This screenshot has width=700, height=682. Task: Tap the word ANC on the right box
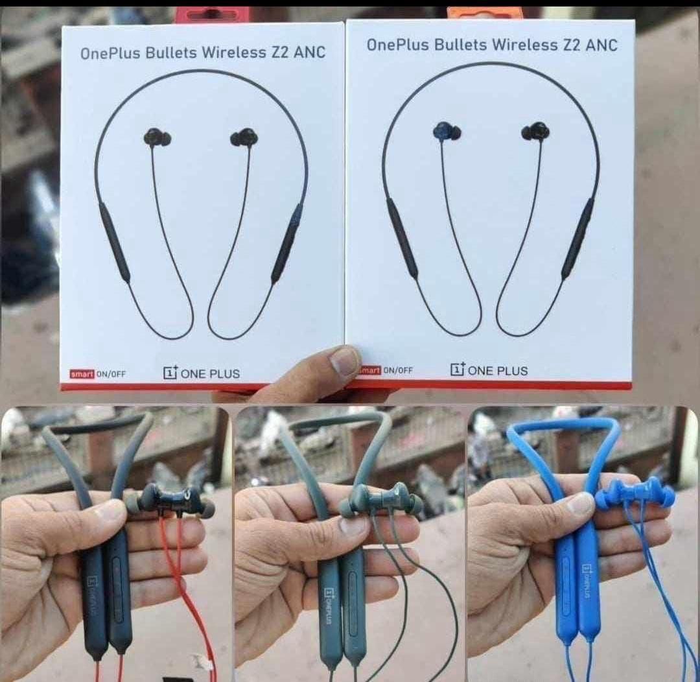click(x=600, y=45)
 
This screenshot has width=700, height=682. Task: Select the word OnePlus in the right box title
click(x=395, y=45)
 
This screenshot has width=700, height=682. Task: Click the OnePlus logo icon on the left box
click(x=170, y=373)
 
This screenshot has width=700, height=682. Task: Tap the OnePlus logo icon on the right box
click(x=458, y=370)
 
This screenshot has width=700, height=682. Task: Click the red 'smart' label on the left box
click(x=82, y=373)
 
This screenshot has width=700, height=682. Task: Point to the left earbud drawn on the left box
click(x=157, y=137)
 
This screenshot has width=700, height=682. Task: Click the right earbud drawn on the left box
click(x=244, y=137)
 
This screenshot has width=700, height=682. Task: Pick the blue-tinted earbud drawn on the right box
click(x=447, y=131)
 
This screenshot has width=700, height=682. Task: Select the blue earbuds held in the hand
click(x=635, y=494)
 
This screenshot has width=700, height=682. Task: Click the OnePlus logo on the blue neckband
click(x=588, y=581)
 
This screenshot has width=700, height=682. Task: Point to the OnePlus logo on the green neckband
click(x=329, y=603)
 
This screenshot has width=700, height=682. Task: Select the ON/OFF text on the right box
click(x=397, y=370)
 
